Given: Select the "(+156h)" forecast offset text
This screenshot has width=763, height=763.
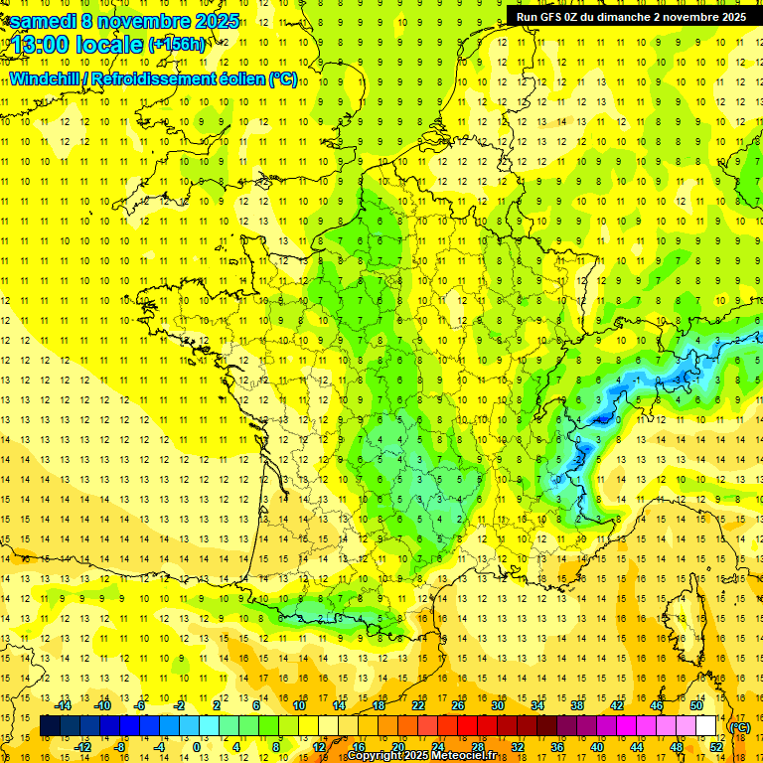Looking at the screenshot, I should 176,45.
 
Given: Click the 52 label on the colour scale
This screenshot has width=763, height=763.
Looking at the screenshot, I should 716,746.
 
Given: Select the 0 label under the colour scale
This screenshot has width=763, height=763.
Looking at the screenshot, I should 196,746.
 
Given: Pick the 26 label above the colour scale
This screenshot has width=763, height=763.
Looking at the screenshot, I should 458,705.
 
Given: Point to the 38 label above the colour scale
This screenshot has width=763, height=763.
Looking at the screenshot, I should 576,705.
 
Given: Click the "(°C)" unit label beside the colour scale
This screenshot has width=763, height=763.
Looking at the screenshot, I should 739,727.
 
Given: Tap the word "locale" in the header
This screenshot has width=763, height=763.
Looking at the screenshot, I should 110,46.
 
